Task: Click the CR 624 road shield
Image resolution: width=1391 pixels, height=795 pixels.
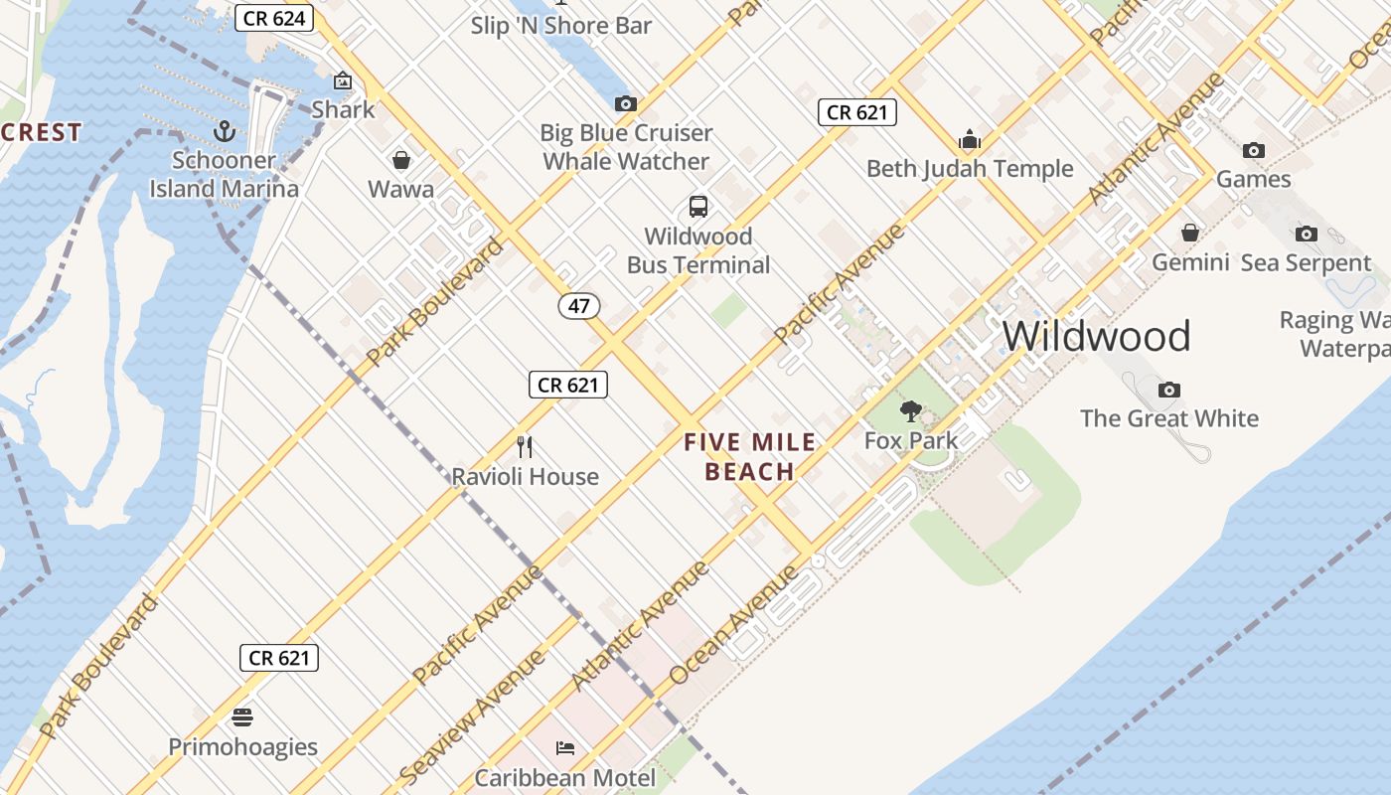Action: pos(274,18)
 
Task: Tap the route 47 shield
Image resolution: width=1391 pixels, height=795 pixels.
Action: pos(578,305)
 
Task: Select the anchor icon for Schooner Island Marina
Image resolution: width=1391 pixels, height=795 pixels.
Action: pos(225,131)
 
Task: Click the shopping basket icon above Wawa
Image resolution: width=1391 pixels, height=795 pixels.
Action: pos(401,160)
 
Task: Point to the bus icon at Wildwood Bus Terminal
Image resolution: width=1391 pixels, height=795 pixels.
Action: pos(698,207)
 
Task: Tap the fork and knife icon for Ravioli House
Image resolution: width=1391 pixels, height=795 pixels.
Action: pos(525,447)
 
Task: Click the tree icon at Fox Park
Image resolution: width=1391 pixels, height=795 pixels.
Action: pos(910,411)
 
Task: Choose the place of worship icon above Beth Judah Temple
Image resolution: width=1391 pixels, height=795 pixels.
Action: pos(970,139)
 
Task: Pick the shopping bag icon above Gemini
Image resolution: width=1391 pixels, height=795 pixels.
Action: pos(1190,234)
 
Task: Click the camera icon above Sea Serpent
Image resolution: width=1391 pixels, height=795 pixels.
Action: pos(1307,235)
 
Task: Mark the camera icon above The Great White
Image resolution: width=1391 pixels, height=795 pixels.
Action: pos(1169,390)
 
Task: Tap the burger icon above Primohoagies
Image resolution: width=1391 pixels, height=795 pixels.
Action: pos(242,717)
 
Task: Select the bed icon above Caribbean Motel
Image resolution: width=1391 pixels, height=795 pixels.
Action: pos(565,748)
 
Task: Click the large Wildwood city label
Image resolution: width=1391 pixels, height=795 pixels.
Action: pos(1096,337)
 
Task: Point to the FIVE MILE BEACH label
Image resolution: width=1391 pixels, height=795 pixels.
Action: pos(750,456)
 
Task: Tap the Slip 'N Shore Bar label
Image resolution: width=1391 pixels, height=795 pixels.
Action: pos(561,25)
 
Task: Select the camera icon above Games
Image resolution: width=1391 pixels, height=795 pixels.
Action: pos(1254,151)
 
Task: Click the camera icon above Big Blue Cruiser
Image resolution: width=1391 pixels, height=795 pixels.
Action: pos(625,104)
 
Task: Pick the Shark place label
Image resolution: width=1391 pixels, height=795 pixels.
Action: pos(343,109)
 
